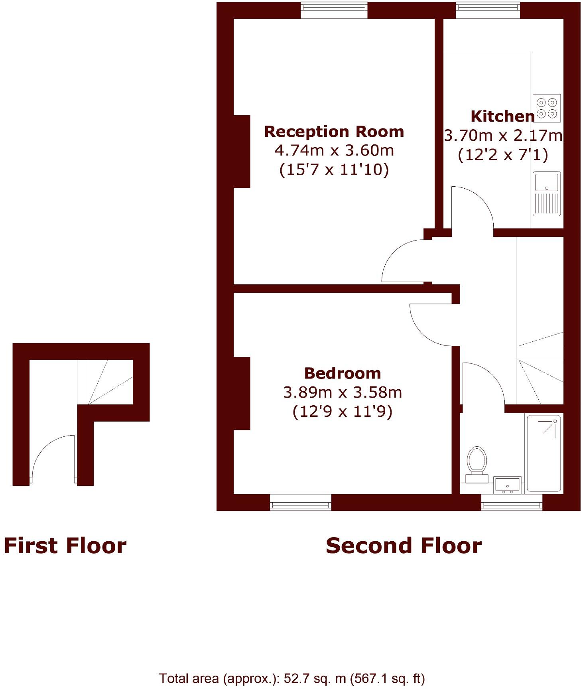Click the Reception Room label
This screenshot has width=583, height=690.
click(x=334, y=132)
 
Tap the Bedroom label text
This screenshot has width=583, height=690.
click(x=342, y=373)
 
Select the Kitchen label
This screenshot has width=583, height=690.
click(x=502, y=116)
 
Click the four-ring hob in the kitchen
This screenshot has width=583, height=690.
click(x=547, y=108)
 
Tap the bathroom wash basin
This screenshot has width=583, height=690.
click(x=507, y=485)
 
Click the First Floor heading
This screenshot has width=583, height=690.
click(x=65, y=546)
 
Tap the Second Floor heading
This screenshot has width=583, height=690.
click(x=404, y=546)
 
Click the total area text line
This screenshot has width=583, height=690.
click(x=292, y=678)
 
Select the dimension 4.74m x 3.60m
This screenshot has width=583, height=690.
click(x=334, y=150)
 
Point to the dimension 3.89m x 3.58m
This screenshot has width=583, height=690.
click(x=342, y=392)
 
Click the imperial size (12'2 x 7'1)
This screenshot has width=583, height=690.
click(x=502, y=154)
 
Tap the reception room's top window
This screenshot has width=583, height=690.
click(x=334, y=10)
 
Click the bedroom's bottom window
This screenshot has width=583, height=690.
click(x=300, y=503)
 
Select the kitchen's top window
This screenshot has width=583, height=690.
click(x=488, y=10)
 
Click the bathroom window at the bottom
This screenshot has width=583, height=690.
click(x=512, y=503)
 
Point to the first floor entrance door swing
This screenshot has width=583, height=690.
click(x=52, y=457)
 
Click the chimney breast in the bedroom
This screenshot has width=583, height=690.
click(x=242, y=393)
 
